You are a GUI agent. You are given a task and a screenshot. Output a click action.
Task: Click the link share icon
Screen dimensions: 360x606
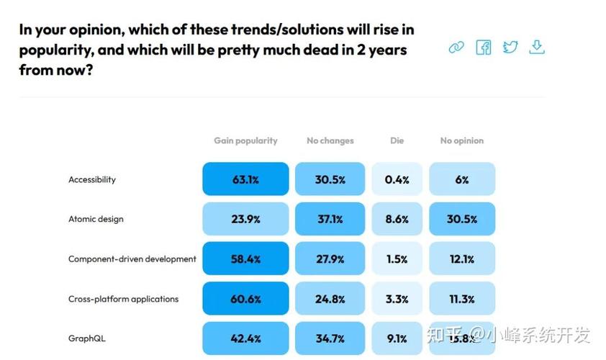[456, 48]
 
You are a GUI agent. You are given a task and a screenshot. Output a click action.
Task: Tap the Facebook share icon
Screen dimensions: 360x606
[484, 48]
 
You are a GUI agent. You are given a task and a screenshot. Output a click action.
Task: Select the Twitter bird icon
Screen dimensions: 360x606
[510, 48]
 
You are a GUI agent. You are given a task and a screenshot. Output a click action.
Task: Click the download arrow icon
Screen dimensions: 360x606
[536, 48]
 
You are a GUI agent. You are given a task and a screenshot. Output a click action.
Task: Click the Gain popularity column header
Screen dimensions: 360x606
[245, 140]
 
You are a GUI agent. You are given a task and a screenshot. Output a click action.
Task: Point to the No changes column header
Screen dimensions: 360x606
[330, 140]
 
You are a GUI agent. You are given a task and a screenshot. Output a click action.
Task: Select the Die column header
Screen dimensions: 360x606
[397, 140]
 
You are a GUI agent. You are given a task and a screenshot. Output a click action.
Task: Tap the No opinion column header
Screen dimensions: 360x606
[462, 140]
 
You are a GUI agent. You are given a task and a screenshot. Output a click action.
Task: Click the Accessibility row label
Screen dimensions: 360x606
[92, 179]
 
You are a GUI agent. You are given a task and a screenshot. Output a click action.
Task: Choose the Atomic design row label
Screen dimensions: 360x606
[96, 219]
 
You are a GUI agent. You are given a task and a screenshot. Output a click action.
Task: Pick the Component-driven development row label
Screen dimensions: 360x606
[132, 258]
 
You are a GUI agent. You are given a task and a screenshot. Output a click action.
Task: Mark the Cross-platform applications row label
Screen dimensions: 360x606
[124, 299]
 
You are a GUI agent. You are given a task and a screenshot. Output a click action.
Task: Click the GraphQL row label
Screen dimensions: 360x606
[87, 338]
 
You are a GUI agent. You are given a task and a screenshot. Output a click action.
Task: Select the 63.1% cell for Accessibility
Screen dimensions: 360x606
[245, 179]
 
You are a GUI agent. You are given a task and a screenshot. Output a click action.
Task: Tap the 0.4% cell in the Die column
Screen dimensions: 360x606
[397, 179]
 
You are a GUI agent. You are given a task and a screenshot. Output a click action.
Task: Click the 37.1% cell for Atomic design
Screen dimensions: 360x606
[330, 219]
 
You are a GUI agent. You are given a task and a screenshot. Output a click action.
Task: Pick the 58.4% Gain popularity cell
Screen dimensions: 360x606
[245, 258]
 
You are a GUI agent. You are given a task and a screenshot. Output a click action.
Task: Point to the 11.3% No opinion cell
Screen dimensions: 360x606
[462, 299]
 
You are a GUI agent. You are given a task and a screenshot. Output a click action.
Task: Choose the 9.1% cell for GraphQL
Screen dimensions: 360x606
[397, 338]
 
